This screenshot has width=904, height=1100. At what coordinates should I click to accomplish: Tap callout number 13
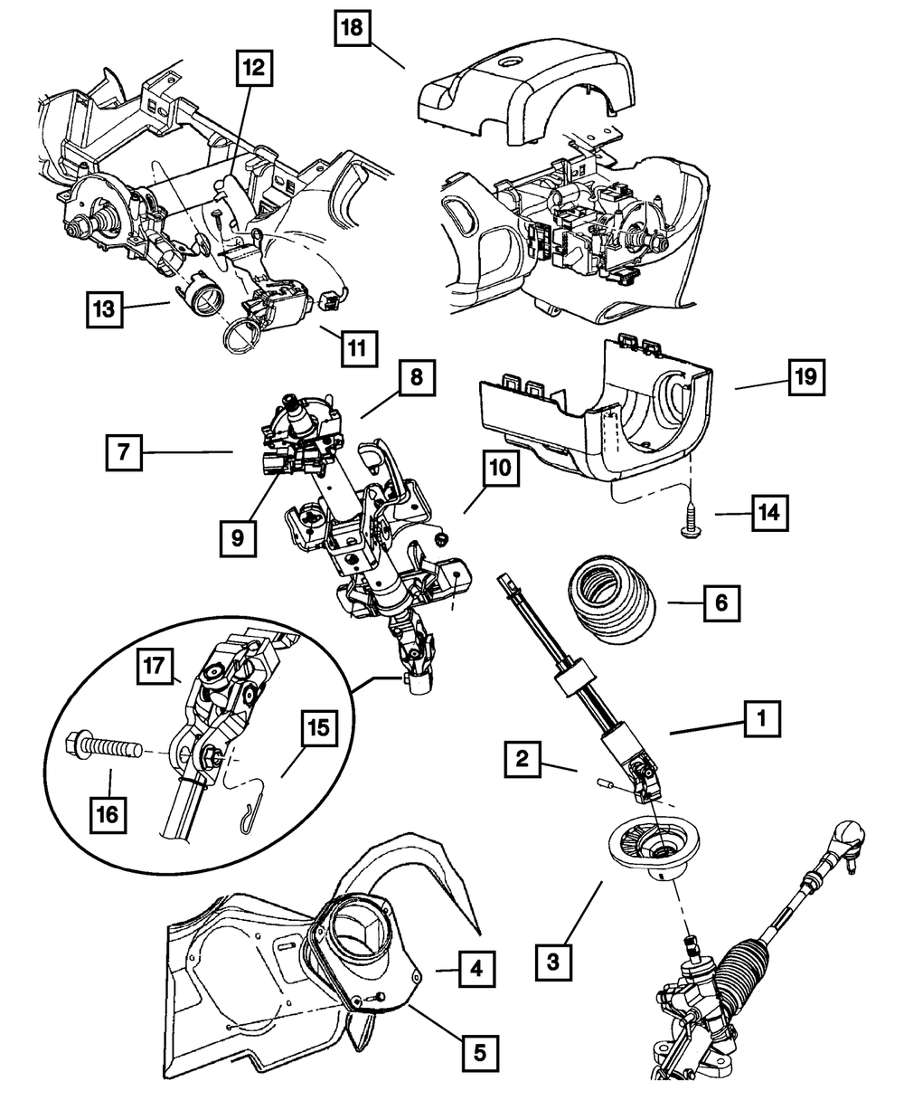point(105,308)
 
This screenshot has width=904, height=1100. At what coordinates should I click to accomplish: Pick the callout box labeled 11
point(358,346)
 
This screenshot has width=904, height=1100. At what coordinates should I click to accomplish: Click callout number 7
point(123,451)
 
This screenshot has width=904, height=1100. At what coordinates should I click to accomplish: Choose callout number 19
point(805,376)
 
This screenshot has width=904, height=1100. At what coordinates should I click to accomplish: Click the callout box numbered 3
point(553,958)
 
